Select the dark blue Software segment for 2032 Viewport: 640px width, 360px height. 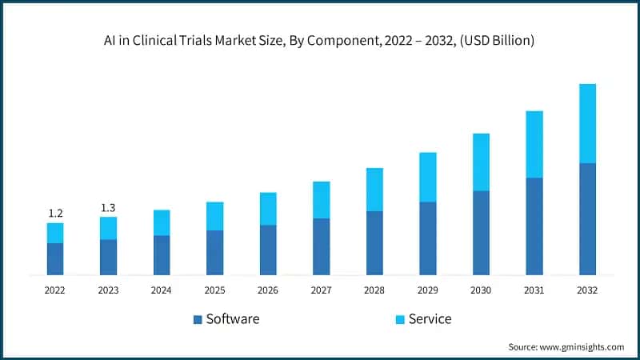(x=587, y=219)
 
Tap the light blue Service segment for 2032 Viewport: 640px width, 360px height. (x=587, y=123)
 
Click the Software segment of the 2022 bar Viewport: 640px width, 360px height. (x=55, y=259)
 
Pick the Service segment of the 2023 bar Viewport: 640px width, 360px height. (x=108, y=228)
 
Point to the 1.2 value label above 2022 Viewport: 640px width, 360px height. (x=55, y=213)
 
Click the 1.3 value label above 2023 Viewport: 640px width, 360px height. (x=108, y=208)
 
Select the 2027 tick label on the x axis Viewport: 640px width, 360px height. (x=321, y=290)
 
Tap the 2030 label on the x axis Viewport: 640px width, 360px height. (x=481, y=290)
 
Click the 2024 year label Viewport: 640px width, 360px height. (x=162, y=290)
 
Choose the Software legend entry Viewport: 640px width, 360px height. (x=226, y=319)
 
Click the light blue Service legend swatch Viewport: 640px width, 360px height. (x=398, y=320)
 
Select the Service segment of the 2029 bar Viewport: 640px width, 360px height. (x=428, y=177)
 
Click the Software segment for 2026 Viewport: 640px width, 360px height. (x=268, y=250)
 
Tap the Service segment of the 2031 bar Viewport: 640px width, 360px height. (x=534, y=144)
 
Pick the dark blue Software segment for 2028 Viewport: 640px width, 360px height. (x=374, y=243)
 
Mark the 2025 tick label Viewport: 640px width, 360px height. (x=214, y=290)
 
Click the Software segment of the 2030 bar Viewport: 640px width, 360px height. (x=481, y=233)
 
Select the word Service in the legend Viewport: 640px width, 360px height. (x=430, y=319)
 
